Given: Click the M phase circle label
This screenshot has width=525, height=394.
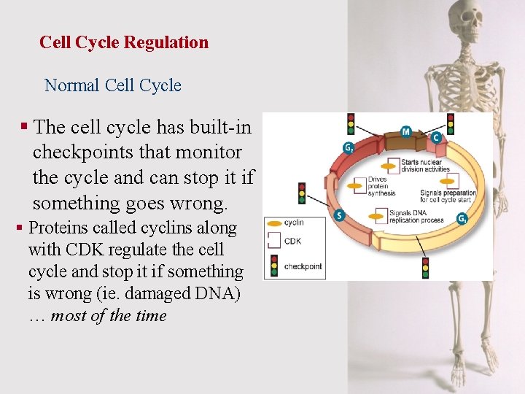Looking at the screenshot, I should (x=406, y=132).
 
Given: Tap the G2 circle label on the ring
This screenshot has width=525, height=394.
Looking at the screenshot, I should (x=349, y=148).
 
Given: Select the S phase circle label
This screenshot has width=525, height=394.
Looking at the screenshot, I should (x=338, y=215).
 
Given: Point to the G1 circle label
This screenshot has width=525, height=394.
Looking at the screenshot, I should (x=462, y=218).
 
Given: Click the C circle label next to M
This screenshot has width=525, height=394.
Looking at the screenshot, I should (x=436, y=137).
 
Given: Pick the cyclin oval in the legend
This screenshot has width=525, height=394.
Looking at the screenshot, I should (x=273, y=223).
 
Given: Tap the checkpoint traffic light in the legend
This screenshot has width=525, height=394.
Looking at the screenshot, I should (x=274, y=266).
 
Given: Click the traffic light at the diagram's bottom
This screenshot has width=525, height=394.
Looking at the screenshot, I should (x=425, y=267).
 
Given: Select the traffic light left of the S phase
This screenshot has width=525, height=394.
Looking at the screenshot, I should (x=301, y=193).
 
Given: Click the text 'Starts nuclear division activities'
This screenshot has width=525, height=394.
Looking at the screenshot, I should (x=426, y=166).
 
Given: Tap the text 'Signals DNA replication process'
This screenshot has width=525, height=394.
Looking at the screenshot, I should (x=416, y=216).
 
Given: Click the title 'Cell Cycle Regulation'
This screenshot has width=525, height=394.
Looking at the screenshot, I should (x=124, y=42).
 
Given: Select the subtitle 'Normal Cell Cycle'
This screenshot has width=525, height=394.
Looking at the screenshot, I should (x=113, y=85).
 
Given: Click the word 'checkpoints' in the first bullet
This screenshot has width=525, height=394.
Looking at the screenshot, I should (x=137, y=152).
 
